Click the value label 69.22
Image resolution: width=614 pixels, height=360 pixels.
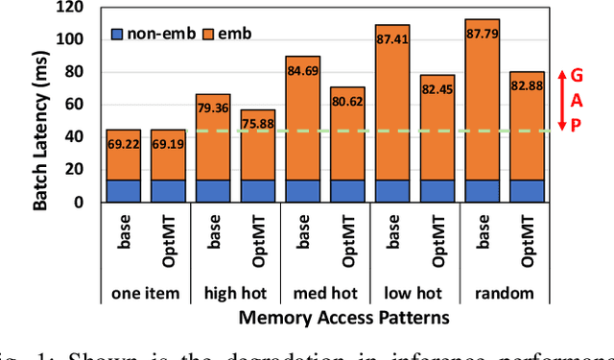point(122,144)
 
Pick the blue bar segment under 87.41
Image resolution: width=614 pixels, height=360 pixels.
point(392,191)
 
